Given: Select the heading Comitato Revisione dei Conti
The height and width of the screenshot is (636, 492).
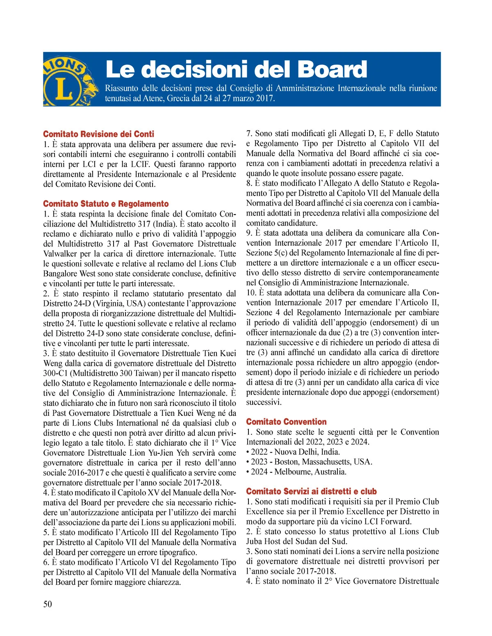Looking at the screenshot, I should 99,134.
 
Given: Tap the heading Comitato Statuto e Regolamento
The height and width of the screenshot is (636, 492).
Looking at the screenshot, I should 106,204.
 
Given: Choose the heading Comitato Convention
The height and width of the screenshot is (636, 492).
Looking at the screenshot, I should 286,422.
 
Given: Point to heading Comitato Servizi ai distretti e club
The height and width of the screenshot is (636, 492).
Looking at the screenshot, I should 311,492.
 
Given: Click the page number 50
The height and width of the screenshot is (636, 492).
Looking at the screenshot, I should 48,604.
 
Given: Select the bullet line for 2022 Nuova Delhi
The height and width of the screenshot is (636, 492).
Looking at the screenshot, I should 293,452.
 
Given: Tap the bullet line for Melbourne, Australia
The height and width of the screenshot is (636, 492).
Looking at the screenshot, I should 296,472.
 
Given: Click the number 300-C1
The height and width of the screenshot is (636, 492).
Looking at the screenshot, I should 57,374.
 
